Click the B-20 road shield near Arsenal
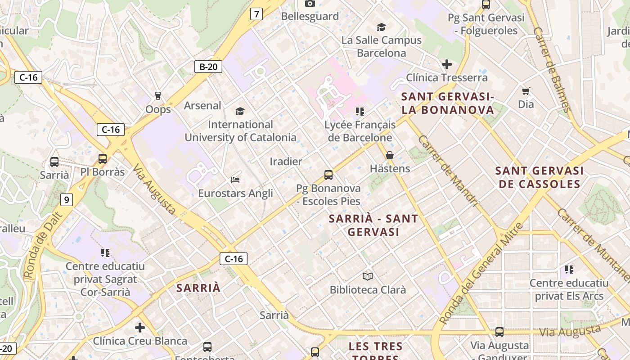(x=209, y=67)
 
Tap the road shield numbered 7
(x=256, y=14)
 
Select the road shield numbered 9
(x=66, y=199)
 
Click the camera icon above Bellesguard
(x=310, y=4)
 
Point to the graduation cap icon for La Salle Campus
(x=381, y=27)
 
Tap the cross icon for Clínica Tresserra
(x=446, y=64)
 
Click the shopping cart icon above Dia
(x=526, y=91)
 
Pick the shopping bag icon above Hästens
(x=390, y=156)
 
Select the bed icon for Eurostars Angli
(x=235, y=180)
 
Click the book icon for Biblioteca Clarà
(x=368, y=276)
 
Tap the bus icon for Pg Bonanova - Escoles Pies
(x=328, y=175)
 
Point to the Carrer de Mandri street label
(x=448, y=171)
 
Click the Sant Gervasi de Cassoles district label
(x=540, y=177)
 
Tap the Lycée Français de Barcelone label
(x=360, y=131)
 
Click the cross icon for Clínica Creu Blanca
(x=140, y=327)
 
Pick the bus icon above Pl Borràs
(x=103, y=158)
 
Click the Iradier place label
(x=286, y=161)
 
